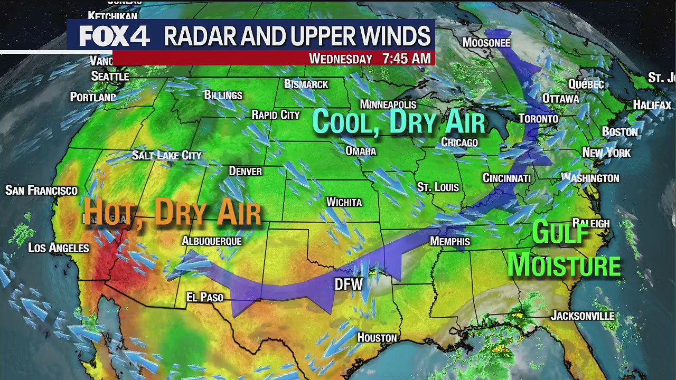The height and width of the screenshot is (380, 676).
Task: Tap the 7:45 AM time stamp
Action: coord(407,59)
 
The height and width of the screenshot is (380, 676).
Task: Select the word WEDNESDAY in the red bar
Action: coord(341,59)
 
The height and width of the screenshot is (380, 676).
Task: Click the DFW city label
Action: coord(349,284)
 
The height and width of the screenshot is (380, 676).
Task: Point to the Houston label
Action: coord(377,337)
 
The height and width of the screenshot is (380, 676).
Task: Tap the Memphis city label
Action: coord(450,241)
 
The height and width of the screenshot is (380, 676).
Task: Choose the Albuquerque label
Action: coord(211,241)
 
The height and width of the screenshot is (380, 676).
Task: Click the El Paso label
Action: coord(205,298)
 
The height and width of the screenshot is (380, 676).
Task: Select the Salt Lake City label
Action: coord(166,155)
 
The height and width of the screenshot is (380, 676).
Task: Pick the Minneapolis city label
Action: coord(388,104)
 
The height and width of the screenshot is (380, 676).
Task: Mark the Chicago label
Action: coord(459,142)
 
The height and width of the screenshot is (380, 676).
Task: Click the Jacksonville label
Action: coord(583,316)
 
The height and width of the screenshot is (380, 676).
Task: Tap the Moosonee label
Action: coord(486,42)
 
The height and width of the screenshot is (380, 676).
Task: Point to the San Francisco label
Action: coord(41,191)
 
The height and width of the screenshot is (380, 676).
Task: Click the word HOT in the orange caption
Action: coord(108,213)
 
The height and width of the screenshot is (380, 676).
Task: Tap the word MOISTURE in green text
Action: coord(564,265)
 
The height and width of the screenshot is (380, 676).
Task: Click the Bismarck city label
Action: coord(306,84)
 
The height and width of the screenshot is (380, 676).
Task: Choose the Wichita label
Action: coord(344,202)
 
